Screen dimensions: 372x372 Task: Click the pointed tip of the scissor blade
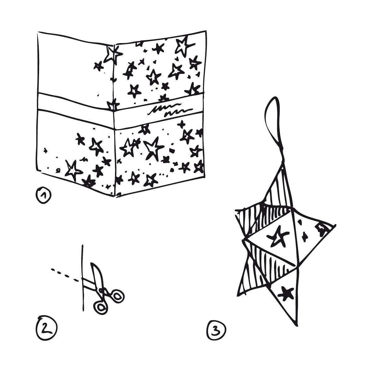(x=92, y=263)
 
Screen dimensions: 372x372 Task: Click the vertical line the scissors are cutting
(x=83, y=278)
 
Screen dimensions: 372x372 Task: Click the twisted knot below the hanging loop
(x=283, y=160)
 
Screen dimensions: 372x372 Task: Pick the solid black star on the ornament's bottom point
(x=286, y=294)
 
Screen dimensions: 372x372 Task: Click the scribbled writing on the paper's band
(x=170, y=111)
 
